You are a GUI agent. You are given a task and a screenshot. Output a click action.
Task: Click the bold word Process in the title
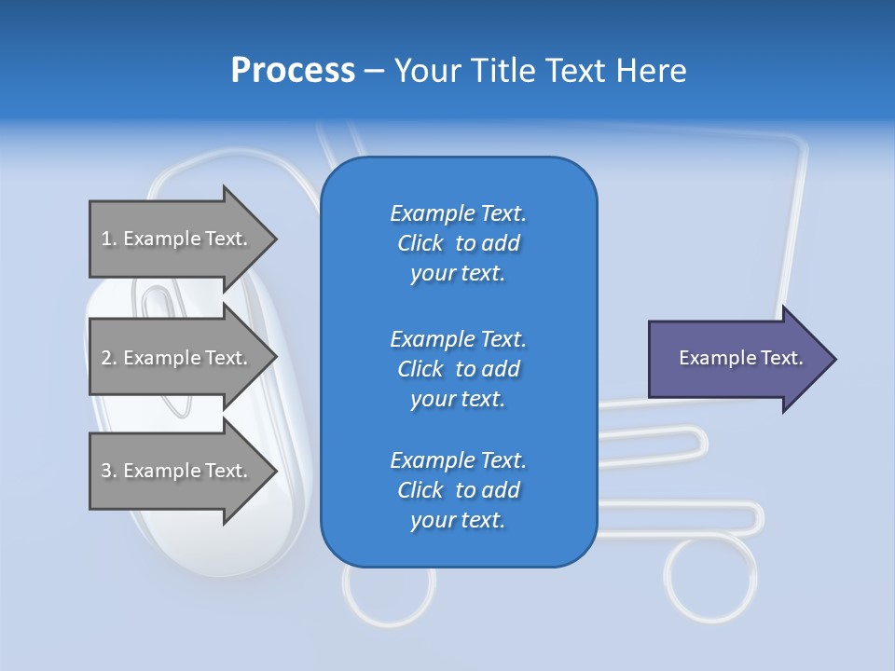(293, 71)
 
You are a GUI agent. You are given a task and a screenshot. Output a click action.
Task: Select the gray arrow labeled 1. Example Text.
(177, 239)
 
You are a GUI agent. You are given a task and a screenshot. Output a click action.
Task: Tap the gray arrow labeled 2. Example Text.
(177, 358)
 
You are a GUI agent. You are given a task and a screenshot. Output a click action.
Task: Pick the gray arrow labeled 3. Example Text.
(177, 471)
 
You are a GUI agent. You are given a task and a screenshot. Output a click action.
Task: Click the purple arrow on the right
(737, 359)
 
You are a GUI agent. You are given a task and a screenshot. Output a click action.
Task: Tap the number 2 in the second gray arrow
(106, 358)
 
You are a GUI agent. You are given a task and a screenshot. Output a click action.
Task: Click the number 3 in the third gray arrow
(106, 471)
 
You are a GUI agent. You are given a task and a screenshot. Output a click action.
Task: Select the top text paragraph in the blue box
(458, 243)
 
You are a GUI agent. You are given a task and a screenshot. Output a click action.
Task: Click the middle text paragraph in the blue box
(458, 369)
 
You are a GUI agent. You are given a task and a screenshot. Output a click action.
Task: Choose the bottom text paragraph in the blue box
(458, 490)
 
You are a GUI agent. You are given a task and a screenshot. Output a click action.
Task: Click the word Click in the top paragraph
(420, 243)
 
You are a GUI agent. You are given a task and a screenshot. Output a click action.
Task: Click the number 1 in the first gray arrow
(106, 239)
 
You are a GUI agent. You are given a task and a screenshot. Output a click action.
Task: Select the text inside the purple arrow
(740, 358)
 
